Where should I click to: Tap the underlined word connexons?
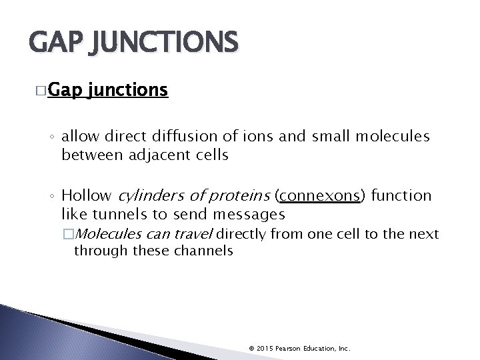tap(318, 197)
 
